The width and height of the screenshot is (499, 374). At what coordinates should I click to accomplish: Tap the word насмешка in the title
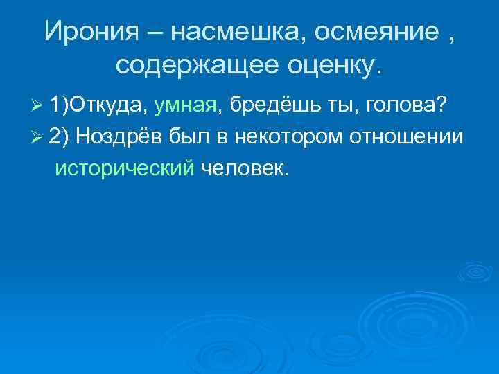tap(225, 32)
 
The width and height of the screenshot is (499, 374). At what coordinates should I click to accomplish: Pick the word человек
tap(243, 168)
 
